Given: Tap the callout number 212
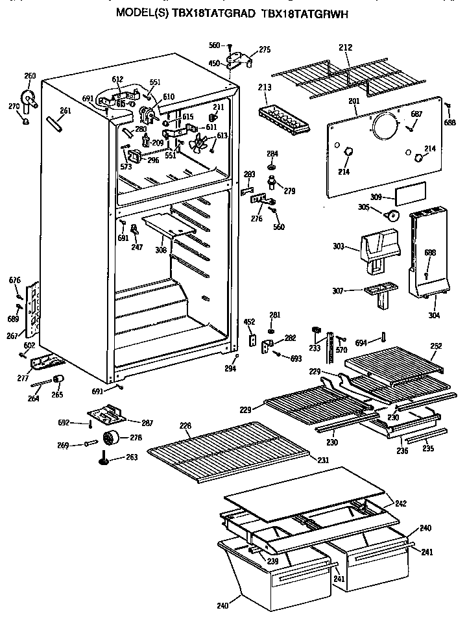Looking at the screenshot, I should pyautogui.click(x=346, y=47).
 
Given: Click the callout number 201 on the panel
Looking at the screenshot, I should pyautogui.click(x=353, y=101).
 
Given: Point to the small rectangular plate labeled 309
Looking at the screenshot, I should pyautogui.click(x=410, y=193).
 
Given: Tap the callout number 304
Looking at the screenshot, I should pyautogui.click(x=434, y=315).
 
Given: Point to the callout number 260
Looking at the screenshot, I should pyautogui.click(x=30, y=76).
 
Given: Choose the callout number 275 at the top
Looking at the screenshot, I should pyautogui.click(x=264, y=49).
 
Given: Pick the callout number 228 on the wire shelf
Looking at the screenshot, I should pyautogui.click(x=186, y=425).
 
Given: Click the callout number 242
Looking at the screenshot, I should pyautogui.click(x=401, y=502).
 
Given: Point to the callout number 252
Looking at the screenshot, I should pyautogui.click(x=437, y=346).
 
